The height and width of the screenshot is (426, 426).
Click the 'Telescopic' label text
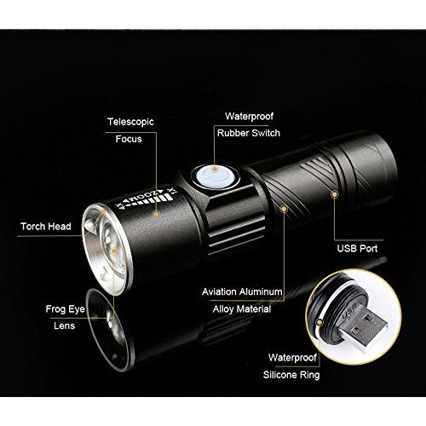coord(130,122)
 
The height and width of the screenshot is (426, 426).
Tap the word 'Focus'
coord(129,139)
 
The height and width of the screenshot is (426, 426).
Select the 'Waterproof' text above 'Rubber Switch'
coord(249,117)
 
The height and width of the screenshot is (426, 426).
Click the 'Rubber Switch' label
coord(249,133)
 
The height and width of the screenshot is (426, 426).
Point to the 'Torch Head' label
coord(46,227)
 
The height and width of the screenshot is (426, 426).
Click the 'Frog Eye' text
coord(66,309)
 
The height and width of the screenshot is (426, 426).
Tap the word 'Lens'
coord(64,325)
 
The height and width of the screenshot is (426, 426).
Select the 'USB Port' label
coord(357,249)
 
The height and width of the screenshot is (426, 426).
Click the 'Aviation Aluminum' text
coord(242,291)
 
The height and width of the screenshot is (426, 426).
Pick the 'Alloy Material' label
coord(242,309)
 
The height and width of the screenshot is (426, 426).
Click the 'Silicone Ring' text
coord(291,375)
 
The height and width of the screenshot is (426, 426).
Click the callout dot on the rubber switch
coord(215,170)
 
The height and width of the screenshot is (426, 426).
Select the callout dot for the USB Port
coord(335,194)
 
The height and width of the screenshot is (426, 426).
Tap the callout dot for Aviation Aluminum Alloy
coord(284,209)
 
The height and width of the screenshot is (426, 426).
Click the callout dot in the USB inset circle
coord(319,322)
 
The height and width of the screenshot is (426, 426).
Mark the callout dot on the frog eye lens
coord(113,251)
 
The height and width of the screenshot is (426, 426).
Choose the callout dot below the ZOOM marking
coord(156,214)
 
